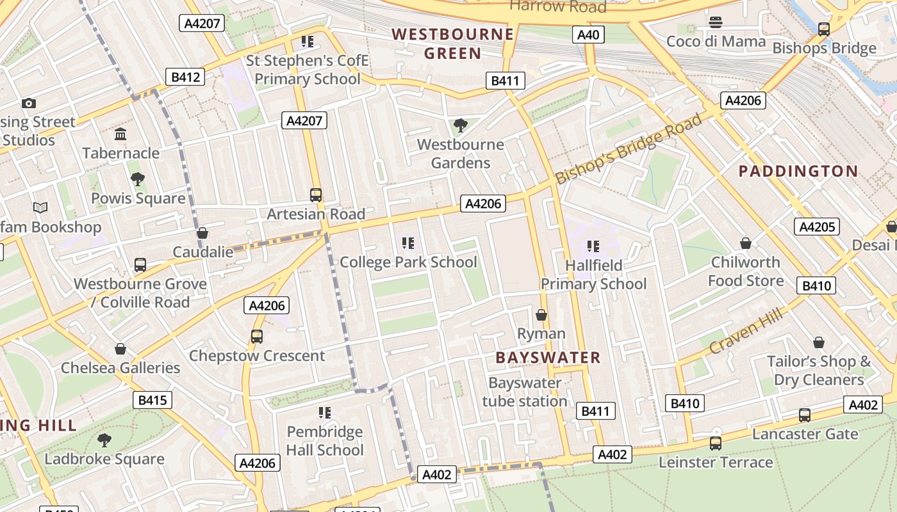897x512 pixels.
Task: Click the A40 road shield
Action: (x=588, y=35)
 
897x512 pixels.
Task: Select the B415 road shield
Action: (x=152, y=401)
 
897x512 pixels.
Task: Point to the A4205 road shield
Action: (x=817, y=227)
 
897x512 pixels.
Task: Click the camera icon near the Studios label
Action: (x=28, y=103)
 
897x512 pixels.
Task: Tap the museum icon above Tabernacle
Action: (x=120, y=134)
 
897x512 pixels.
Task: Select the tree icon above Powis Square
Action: (x=137, y=179)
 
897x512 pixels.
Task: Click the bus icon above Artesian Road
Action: (x=315, y=195)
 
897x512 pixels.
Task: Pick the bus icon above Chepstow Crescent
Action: (x=257, y=337)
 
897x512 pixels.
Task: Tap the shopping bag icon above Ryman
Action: (x=541, y=315)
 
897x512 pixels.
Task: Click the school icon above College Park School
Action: (x=408, y=243)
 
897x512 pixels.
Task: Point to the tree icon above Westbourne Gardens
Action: (x=459, y=125)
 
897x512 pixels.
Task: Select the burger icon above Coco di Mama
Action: (x=716, y=22)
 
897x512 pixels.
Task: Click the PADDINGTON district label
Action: (x=798, y=171)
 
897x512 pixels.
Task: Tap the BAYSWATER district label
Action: (x=548, y=358)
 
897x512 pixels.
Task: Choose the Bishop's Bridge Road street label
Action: (x=629, y=148)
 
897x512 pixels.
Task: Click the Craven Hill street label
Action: (x=746, y=330)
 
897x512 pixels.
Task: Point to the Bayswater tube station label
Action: (x=525, y=392)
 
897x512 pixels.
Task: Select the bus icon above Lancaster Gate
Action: (x=805, y=415)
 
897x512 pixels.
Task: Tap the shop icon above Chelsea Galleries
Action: (x=120, y=349)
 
